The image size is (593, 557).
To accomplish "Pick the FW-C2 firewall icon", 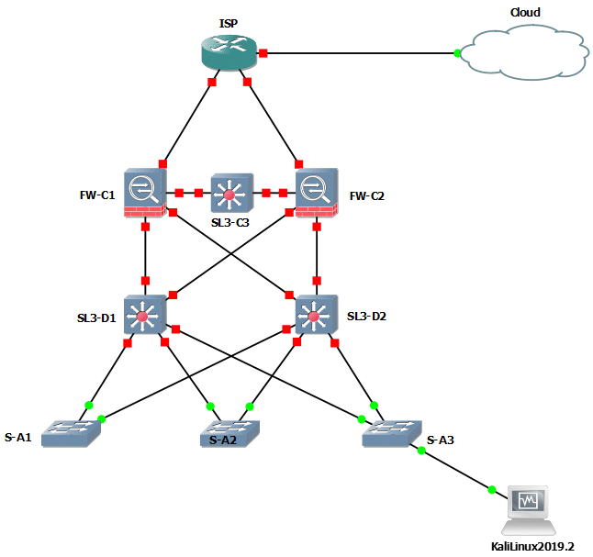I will pos(316,193).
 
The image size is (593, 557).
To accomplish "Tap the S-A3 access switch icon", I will pos(390,430).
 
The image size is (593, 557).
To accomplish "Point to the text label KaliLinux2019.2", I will pos(531,546).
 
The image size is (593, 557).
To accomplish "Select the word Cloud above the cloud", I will pos(525,12).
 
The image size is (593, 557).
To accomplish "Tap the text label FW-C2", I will pos(366,195).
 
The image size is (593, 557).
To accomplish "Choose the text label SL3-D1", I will pos(95,318).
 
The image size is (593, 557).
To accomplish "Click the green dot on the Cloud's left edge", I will pos(458,53).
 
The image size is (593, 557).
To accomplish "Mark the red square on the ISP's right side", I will pos(263,53).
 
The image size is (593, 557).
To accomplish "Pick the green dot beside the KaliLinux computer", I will pos(492,489).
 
